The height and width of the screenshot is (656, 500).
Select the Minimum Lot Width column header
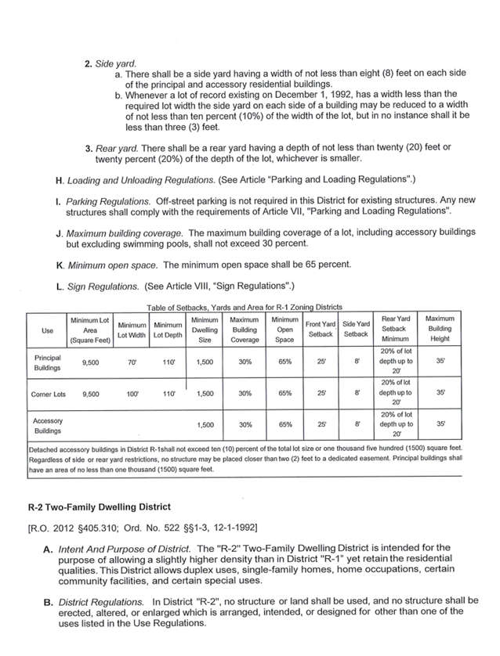(132, 330)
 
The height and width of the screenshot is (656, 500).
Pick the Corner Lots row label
(48, 394)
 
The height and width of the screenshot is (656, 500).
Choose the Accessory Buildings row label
(45, 425)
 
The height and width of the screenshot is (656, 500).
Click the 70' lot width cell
(132, 362)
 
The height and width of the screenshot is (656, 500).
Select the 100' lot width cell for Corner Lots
(132, 394)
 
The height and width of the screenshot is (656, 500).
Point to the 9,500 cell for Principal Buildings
(89, 362)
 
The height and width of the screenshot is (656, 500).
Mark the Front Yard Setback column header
(321, 329)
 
